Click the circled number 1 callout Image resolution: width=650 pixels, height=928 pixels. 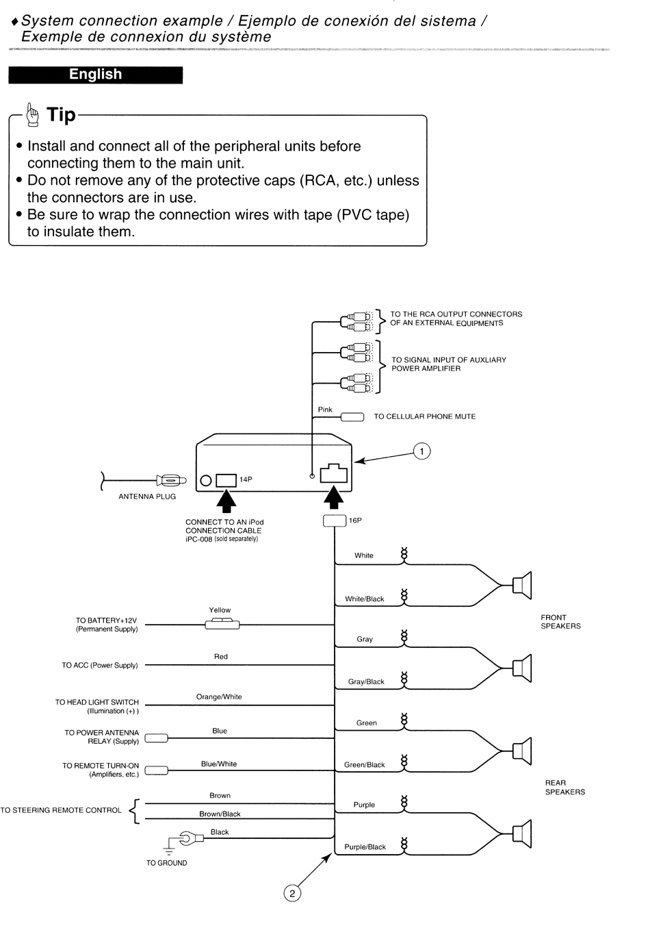(x=421, y=451)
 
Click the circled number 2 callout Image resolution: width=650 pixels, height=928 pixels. (x=292, y=894)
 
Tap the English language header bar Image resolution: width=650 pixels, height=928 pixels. (x=95, y=75)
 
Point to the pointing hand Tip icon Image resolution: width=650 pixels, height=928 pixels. (x=32, y=115)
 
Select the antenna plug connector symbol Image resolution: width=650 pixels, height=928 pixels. (x=171, y=481)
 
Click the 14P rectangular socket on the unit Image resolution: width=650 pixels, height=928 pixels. (x=226, y=480)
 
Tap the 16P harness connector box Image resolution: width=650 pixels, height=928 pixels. (x=335, y=521)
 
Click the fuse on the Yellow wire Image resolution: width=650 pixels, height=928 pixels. (x=222, y=623)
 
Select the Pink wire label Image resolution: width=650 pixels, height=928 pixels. (x=325, y=410)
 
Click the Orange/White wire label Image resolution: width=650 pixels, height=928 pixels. (x=218, y=697)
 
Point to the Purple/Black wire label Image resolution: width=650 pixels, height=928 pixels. (x=365, y=847)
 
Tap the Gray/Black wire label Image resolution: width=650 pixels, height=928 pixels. (x=366, y=681)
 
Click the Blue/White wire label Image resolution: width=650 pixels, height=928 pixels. (x=219, y=764)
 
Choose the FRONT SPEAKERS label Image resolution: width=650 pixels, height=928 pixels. (x=560, y=621)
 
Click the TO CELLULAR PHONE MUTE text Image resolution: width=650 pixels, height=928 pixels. (x=425, y=416)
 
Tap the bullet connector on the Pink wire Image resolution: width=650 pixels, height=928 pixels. (x=352, y=417)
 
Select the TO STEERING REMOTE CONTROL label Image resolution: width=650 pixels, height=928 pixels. (x=61, y=810)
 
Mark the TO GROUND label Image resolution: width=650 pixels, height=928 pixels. (x=166, y=863)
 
